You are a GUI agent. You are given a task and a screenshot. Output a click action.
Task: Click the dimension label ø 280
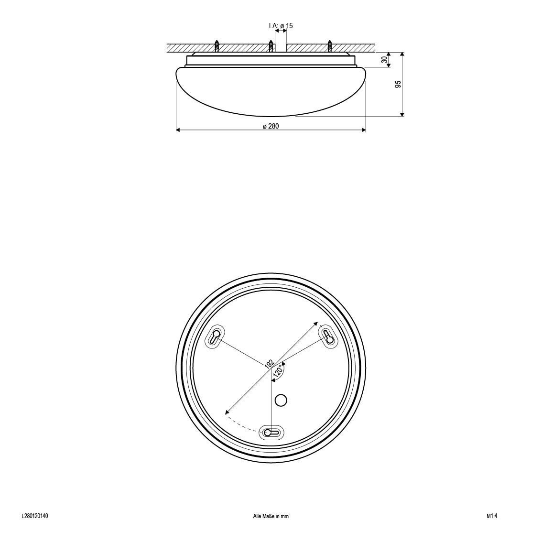tap(271, 127)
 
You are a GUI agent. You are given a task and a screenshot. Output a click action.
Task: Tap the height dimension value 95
tap(398, 84)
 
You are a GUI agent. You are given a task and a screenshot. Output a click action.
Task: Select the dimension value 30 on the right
tap(384, 59)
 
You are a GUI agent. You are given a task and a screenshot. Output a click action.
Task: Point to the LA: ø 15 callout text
tap(281, 26)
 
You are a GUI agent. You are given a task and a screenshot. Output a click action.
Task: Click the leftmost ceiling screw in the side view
tap(217, 45)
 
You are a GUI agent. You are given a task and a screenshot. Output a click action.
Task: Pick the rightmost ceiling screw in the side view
tap(330, 45)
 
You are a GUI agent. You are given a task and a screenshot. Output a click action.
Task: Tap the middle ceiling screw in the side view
tap(271, 45)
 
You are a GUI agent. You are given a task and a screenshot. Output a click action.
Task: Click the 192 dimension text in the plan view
tap(269, 364)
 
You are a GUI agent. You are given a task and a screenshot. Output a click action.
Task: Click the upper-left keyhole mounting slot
tap(215, 336)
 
